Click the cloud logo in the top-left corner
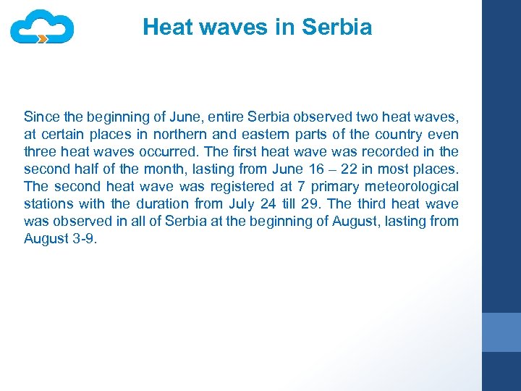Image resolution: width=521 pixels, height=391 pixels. click(x=42, y=27)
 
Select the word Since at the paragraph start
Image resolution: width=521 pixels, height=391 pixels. click(x=40, y=117)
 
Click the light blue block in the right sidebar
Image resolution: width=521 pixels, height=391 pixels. click(x=501, y=332)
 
